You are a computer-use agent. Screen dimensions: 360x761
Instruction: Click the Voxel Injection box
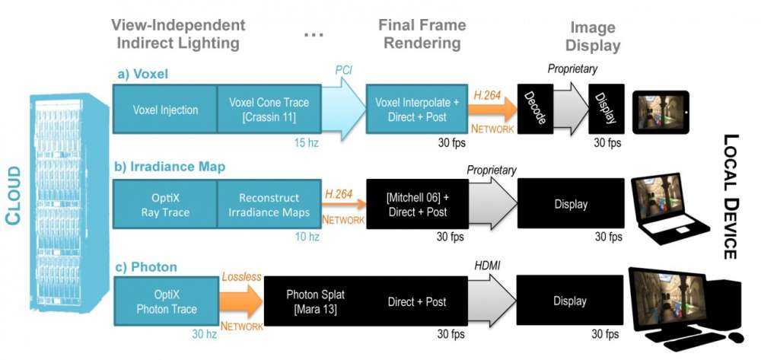164,110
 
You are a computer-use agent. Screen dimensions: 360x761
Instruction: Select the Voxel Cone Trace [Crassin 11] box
265,110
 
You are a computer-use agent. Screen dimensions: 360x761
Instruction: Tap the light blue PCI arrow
341,109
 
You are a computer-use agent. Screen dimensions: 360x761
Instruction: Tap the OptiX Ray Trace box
164,205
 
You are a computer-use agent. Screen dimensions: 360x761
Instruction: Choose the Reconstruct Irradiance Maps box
265,205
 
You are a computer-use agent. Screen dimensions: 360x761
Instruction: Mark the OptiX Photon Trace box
164,302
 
